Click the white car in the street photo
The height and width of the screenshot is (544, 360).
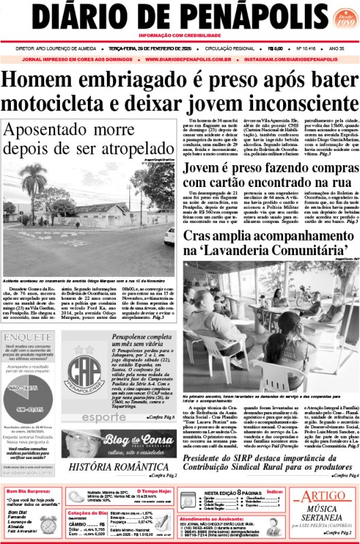[169, 236]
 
